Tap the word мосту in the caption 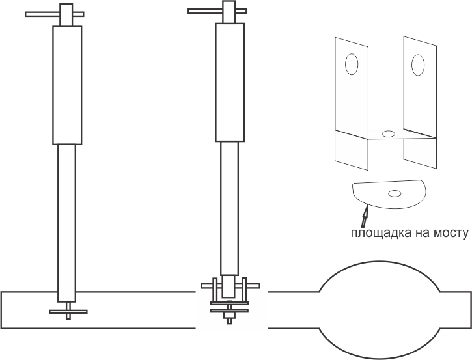(451, 233)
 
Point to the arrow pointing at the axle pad (365, 215)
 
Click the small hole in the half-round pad (395, 193)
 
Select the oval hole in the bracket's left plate (352, 64)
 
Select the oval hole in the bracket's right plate (418, 64)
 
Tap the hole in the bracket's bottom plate (388, 133)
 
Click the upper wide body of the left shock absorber (67, 85)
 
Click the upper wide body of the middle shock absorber (230, 82)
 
